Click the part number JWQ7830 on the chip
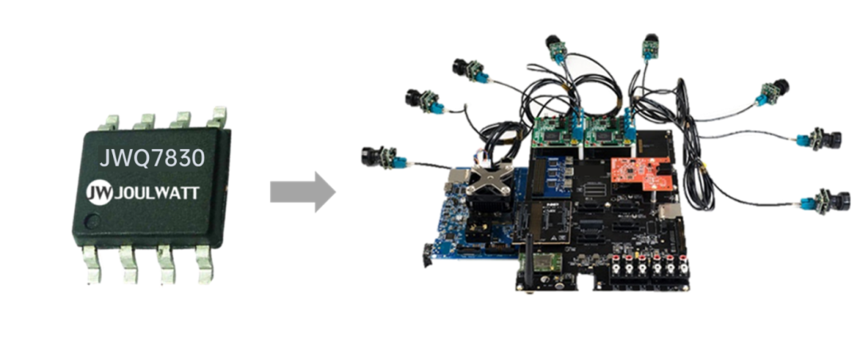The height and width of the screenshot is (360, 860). [151, 158]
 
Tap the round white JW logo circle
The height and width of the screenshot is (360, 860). [100, 194]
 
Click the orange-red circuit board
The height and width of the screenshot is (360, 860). [640, 174]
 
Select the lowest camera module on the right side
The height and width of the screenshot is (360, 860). [826, 200]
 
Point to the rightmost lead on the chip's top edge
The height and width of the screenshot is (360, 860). [217, 117]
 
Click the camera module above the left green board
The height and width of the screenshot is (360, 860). [557, 49]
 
